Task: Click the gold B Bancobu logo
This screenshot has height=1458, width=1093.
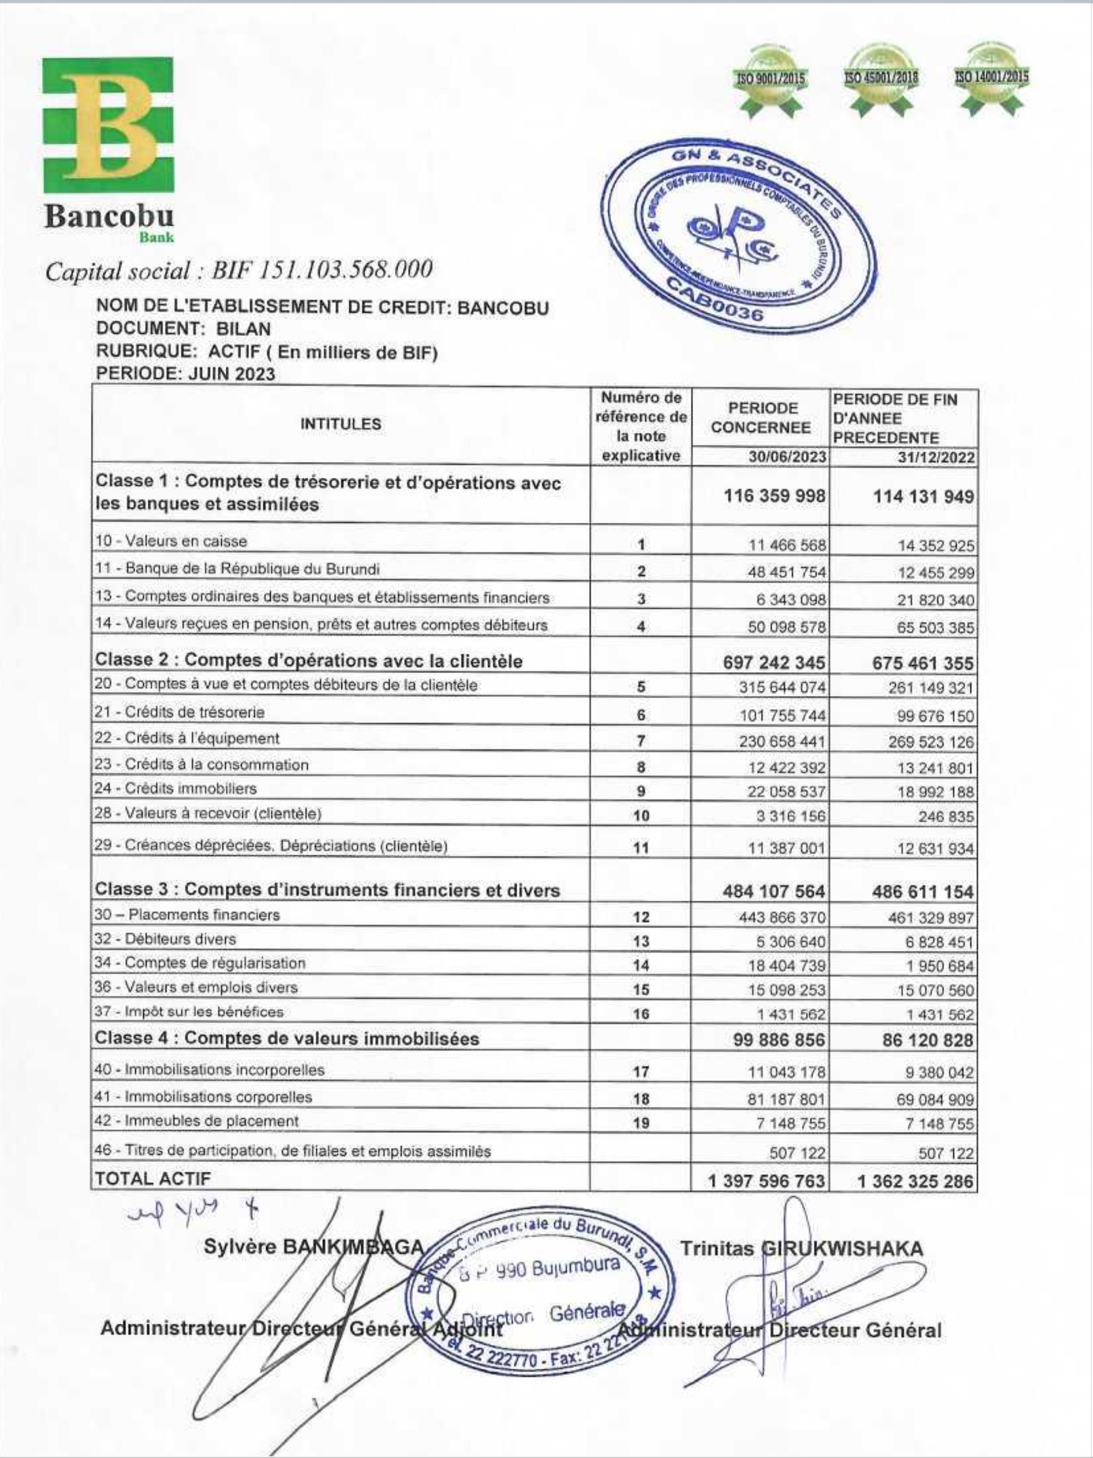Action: point(109,125)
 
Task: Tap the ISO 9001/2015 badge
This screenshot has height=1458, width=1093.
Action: point(771,80)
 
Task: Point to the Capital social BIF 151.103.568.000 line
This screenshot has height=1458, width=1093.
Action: point(239,270)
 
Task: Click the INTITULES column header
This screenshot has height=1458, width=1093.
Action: point(340,424)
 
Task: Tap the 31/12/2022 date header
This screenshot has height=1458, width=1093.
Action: point(936,457)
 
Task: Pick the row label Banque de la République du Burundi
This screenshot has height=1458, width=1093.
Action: point(238,569)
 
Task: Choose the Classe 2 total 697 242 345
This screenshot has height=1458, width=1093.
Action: point(774,662)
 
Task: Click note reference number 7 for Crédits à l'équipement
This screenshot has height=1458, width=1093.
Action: point(641,741)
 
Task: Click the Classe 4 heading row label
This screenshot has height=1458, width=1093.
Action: point(287,1039)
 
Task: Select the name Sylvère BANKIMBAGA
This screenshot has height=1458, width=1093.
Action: point(313,1247)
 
